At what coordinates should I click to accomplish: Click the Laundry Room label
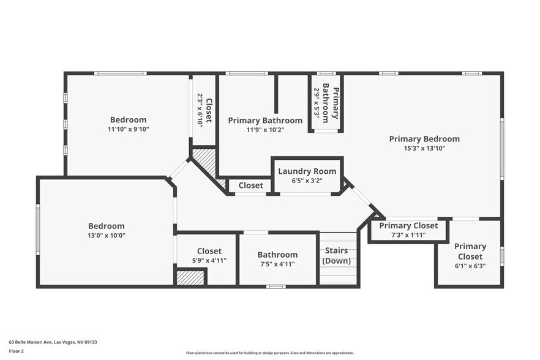pos(307,171)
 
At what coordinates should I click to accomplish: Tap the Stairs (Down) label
pos(336,256)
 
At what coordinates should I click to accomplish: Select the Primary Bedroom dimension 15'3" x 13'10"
pos(424,149)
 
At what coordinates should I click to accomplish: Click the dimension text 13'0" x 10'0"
pos(106,236)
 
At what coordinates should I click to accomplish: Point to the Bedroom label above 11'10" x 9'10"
pos(128,120)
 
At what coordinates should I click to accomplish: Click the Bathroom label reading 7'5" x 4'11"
pos(277,255)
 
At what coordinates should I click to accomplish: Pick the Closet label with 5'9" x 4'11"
pos(209,251)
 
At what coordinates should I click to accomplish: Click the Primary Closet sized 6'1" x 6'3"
pos(470,252)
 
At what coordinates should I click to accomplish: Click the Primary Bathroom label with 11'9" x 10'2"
pos(265,121)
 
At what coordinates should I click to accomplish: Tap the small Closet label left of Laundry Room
pos(250,186)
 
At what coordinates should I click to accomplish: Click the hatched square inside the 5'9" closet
pos(190,277)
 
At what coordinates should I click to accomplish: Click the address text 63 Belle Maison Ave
pos(53,342)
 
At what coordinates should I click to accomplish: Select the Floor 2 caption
pos(17,351)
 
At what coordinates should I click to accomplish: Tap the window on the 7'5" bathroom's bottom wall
pos(276,286)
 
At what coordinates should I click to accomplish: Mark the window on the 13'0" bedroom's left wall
pos(38,230)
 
